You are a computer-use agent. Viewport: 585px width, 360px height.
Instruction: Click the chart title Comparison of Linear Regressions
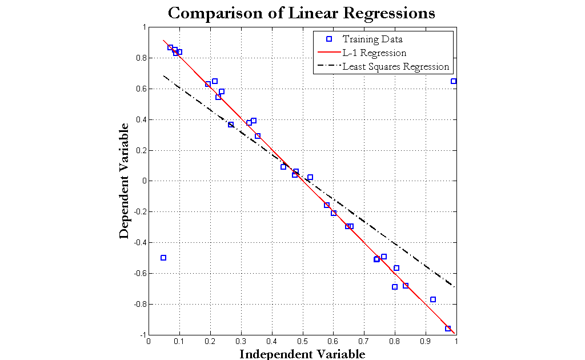tap(301, 13)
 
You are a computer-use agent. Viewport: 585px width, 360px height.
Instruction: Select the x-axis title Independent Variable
tap(302, 354)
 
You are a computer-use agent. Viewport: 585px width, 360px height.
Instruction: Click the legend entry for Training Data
tap(372, 39)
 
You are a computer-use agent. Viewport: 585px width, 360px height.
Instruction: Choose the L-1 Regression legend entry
tap(374, 53)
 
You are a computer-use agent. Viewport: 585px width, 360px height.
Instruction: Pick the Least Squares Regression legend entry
tap(395, 67)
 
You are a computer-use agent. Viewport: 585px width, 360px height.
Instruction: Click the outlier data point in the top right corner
tap(454, 81)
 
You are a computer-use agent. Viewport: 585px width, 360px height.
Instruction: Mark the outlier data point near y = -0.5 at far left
tap(163, 258)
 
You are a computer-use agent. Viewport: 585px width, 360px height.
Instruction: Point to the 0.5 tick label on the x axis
tap(303, 341)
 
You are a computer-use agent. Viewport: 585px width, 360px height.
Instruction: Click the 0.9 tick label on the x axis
tap(426, 341)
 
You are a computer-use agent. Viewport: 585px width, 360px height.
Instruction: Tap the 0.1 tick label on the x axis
tap(179, 341)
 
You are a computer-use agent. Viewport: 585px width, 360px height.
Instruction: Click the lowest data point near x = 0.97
tap(448, 329)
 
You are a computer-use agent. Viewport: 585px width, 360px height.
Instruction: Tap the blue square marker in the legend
tap(328, 39)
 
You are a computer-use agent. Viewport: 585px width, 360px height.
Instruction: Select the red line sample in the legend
tap(328, 53)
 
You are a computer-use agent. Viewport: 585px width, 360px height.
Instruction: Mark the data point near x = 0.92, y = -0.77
tap(433, 299)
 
